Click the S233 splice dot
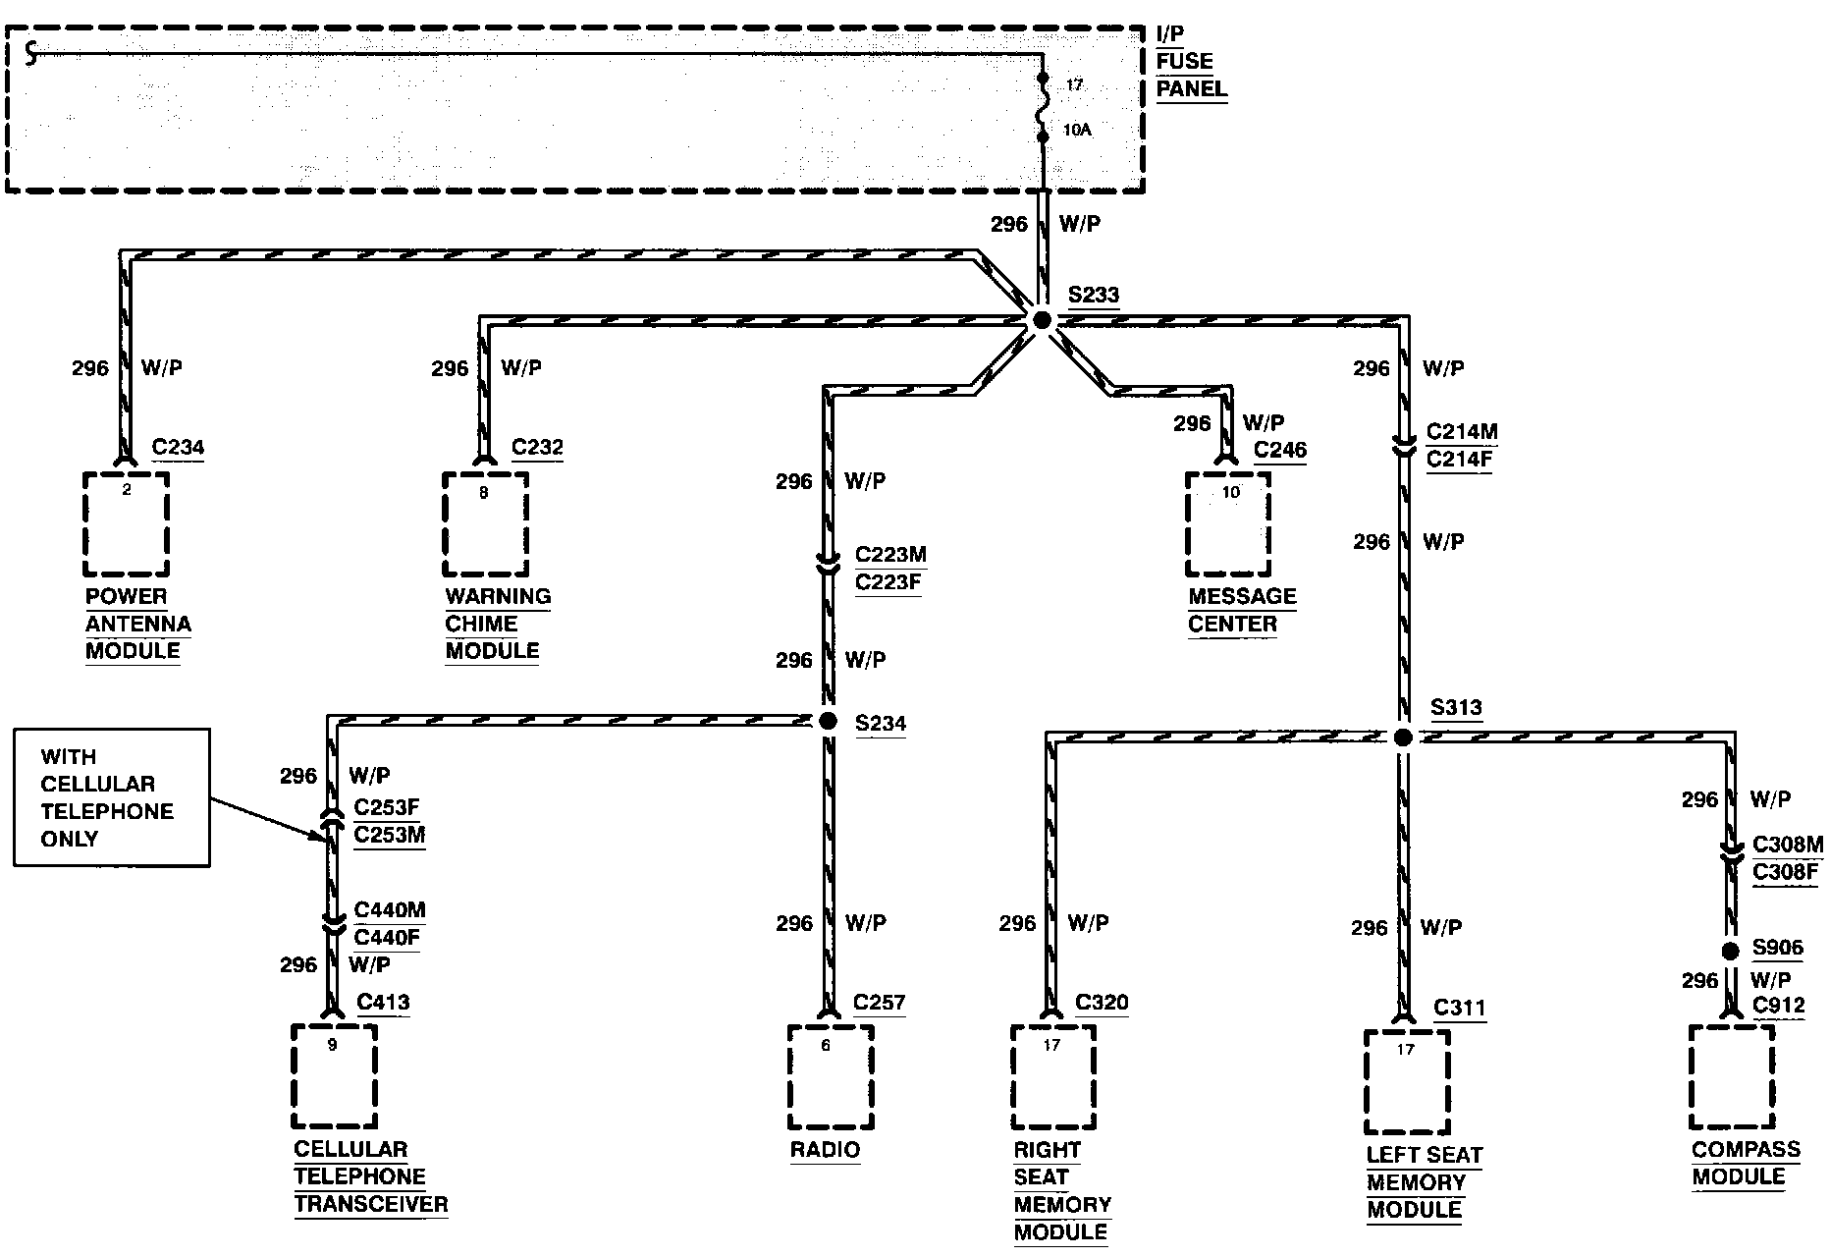coord(1042,320)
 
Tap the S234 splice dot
coord(828,722)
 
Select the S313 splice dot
coord(1403,738)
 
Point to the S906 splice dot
coord(1730,951)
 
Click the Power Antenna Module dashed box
coord(126,524)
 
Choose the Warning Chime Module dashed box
coord(485,524)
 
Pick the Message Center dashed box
coord(1228,524)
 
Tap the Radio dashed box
coord(831,1077)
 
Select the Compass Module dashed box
coord(1733,1077)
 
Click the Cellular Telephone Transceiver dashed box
coord(335,1077)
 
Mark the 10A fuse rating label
coord(1077,130)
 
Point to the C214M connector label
coord(1462,432)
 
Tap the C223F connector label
coord(888,582)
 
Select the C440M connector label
coord(390,910)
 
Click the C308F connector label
coord(1786,871)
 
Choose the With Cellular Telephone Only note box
coord(112,797)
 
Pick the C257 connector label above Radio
coord(879,1003)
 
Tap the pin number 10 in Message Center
coord(1230,493)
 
